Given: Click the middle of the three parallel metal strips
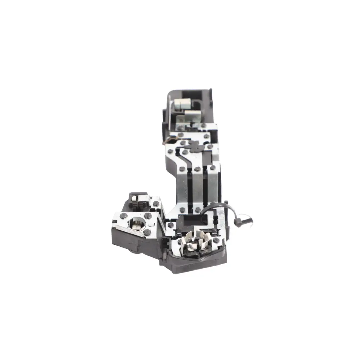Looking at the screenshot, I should (x=199, y=187).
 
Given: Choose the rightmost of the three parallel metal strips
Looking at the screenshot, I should (x=213, y=187).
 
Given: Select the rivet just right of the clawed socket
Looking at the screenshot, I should (x=216, y=240).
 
